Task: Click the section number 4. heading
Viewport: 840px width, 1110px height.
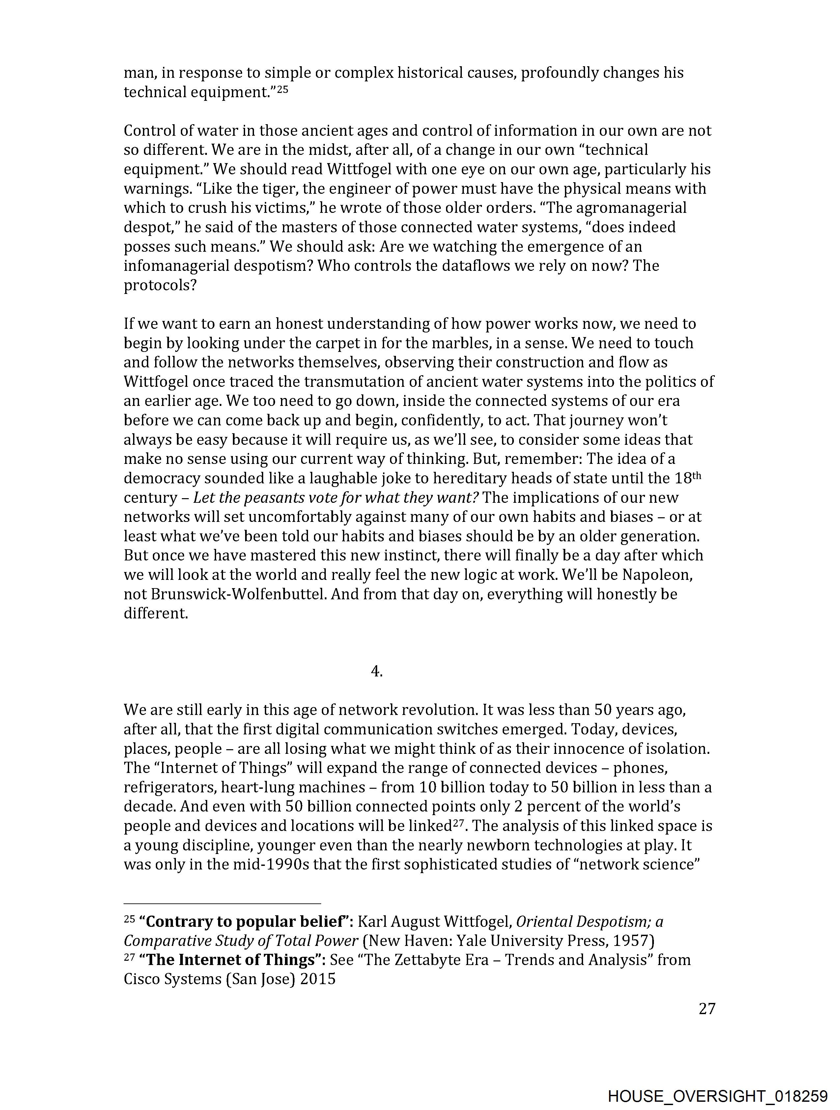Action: (376, 671)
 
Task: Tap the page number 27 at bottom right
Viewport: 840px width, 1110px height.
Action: (707, 1009)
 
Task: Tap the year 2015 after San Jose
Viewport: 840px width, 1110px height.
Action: (317, 979)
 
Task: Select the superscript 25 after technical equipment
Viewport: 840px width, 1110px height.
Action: (283, 90)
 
